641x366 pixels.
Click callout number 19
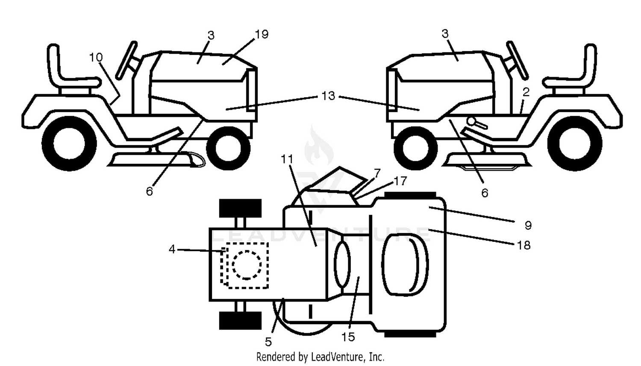[x=262, y=34]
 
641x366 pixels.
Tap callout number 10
[x=96, y=58]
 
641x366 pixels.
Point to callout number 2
[x=526, y=92]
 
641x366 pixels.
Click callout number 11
[x=287, y=159]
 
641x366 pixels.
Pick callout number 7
[x=377, y=173]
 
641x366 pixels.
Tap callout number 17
[x=400, y=181]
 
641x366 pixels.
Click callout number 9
[x=528, y=225]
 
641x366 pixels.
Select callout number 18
[x=523, y=245]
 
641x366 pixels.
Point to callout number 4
[x=172, y=249]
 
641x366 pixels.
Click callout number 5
[x=268, y=342]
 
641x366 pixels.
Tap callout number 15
[x=348, y=337]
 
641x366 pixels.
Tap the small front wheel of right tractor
[x=415, y=148]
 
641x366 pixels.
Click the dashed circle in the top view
[x=247, y=265]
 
